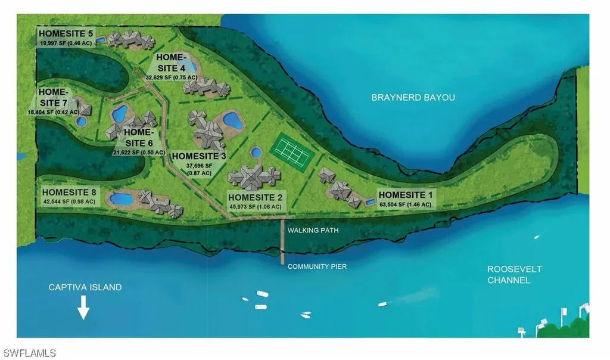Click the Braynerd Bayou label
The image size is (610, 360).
(x=413, y=97)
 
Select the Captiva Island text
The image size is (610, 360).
(x=85, y=287)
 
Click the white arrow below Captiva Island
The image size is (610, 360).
(x=83, y=309)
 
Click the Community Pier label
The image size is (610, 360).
(x=317, y=266)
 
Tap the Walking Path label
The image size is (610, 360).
(x=312, y=229)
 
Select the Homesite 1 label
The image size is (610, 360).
(x=407, y=195)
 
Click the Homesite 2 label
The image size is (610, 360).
(x=256, y=197)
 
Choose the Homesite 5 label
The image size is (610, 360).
(x=64, y=33)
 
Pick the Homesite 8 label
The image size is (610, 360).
(x=69, y=192)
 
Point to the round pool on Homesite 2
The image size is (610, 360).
(x=256, y=153)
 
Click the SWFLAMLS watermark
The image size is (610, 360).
(x=28, y=353)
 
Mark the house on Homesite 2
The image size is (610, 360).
(x=254, y=176)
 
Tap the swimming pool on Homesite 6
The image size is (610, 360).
(x=119, y=113)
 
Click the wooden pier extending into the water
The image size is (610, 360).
(x=282, y=241)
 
